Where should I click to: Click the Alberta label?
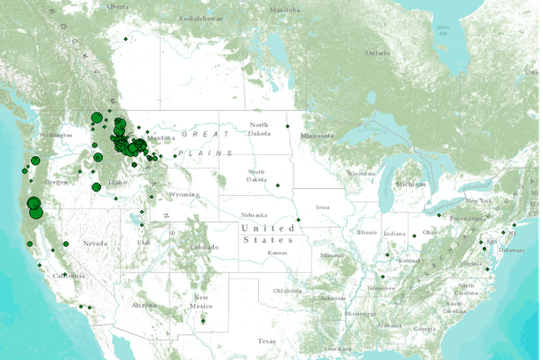pos(117,7)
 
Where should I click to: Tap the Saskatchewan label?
pos(200,18)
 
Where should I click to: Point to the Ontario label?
pos(378,53)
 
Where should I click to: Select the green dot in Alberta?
pos(127,38)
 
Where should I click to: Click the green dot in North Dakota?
pos(287,126)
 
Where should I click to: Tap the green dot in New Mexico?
pos(203,321)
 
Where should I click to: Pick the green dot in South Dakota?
pos(278,185)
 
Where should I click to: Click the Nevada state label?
pos(96,243)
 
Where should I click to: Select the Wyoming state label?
pos(185,193)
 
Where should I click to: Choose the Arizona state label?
pos(145,304)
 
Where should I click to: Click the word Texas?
pos(266,341)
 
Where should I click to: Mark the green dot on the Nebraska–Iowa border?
pos(298,220)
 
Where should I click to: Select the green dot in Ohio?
pos(412,236)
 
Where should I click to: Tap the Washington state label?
pos(55,135)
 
